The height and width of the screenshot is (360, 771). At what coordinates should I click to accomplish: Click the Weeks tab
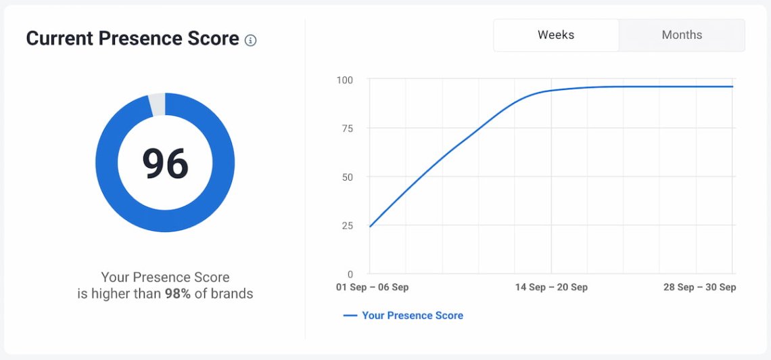coord(556,35)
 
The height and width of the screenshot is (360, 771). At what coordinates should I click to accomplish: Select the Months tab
coord(682,35)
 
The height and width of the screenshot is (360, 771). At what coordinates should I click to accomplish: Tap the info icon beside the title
coord(251,41)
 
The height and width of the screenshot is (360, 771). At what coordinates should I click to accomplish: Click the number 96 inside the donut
coord(165,164)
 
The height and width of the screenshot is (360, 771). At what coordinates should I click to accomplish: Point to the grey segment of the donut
coord(156,104)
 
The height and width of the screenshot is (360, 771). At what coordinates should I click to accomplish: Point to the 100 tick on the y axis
coord(345,80)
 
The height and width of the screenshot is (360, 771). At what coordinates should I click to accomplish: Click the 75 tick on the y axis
coord(346,129)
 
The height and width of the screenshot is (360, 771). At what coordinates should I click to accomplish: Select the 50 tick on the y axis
coord(346,177)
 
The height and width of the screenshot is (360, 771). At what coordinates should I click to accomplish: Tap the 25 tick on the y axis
coord(346,225)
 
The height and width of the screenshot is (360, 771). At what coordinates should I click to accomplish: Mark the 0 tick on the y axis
coord(350,274)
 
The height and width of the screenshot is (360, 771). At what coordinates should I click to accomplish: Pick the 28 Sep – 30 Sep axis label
coord(699,288)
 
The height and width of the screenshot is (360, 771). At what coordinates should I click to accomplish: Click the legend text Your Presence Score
coord(413,315)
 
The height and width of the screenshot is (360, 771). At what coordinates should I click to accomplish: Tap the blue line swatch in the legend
coord(350,315)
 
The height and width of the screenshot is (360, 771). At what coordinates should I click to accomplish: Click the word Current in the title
coord(60,39)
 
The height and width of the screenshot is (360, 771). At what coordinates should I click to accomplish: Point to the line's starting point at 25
coord(370,226)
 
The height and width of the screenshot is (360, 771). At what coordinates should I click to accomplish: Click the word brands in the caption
coord(231,294)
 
